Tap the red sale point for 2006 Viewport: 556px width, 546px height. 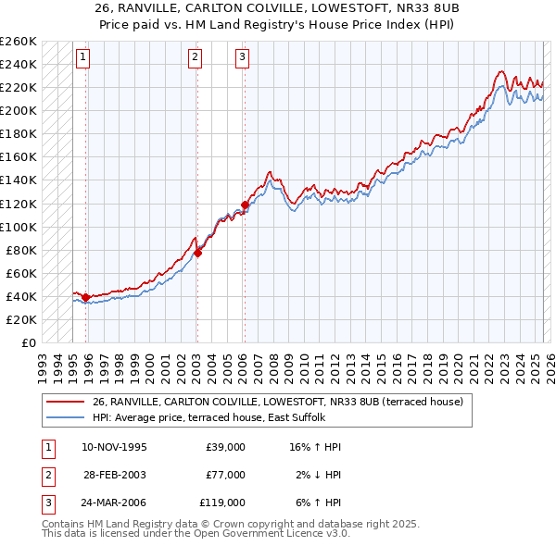pos(245,205)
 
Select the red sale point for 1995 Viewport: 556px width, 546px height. pos(85,297)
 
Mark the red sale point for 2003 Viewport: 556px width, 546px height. pos(197,253)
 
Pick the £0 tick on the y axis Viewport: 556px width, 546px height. pos(27,342)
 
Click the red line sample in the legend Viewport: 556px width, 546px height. pos(66,402)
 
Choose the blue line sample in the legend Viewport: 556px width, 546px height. pos(66,417)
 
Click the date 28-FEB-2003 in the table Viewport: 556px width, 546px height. pos(115,475)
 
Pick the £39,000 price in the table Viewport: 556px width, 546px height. pos(226,447)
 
